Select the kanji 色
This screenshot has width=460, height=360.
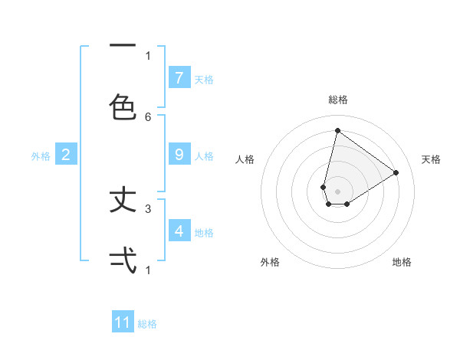point(123,107)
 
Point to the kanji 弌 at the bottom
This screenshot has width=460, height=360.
point(123,260)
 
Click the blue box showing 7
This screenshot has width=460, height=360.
point(179,77)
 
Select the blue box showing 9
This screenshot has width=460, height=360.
point(179,155)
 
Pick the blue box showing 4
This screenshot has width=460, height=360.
point(179,231)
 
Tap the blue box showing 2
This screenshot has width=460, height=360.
point(66,155)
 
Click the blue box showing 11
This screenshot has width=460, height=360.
point(123,322)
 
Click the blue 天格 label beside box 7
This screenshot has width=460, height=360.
point(204,79)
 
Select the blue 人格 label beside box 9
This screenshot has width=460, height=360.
point(204,155)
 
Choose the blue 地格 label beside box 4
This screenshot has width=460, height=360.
point(204,232)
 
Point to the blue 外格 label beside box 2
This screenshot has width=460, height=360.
point(41,156)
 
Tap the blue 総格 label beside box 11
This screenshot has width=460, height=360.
point(147,324)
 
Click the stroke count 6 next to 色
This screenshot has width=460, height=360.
point(148,116)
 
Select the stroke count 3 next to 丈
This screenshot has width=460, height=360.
point(148,208)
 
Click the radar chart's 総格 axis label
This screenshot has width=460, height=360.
point(337,100)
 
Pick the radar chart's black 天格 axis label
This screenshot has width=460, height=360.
point(431,159)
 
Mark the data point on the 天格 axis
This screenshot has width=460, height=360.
point(396,172)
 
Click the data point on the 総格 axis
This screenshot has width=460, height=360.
point(337,130)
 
